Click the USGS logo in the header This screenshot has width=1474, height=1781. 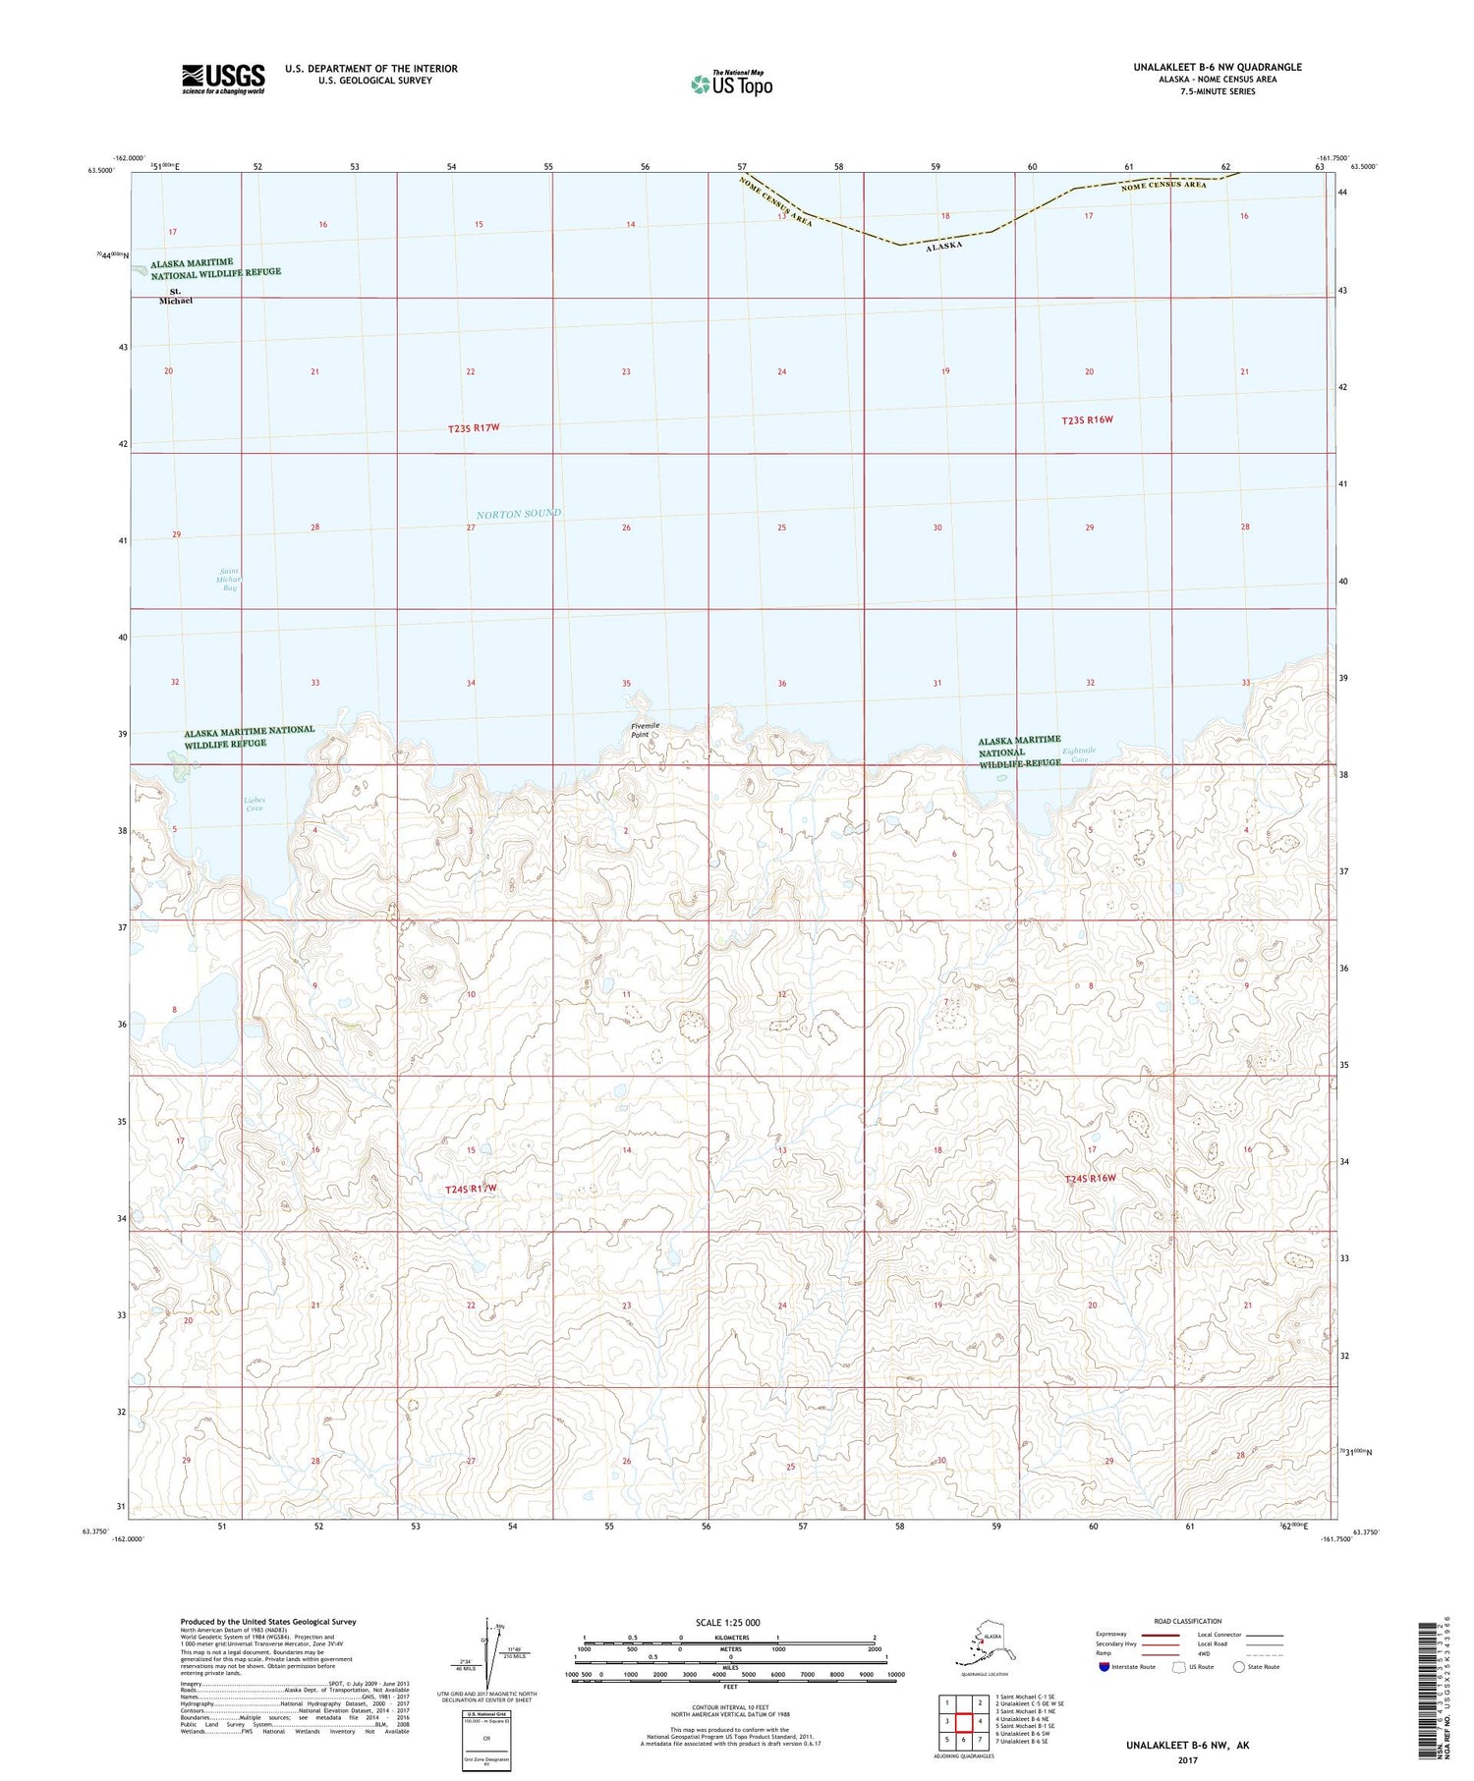coord(223,79)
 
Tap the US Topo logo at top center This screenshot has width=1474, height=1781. coord(731,83)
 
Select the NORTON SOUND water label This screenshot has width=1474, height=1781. coord(518,514)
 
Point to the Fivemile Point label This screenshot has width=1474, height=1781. coord(646,730)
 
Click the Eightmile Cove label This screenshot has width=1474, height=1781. coord(1079,755)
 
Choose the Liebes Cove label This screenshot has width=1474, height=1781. coord(255,804)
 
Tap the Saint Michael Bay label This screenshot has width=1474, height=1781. coord(229,580)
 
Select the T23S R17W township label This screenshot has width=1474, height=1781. coord(480,428)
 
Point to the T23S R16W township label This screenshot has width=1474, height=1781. coord(1087,420)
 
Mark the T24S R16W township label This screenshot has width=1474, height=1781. coord(1091,1178)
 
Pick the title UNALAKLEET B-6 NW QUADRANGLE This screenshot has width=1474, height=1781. coord(1217,67)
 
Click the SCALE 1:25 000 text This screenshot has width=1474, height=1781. coord(727,1622)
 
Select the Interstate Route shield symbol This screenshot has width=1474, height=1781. coord(1105,1667)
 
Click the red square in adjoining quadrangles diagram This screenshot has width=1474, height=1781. coord(964,1722)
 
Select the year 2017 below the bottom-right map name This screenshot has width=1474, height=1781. coord(1188,1759)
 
